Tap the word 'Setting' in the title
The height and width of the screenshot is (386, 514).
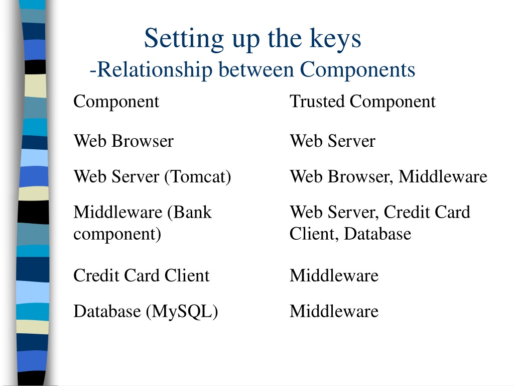pyautogui.click(x=184, y=38)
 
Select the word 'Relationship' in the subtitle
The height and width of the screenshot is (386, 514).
pyautogui.click(x=155, y=70)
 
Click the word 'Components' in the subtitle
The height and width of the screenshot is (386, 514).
pyautogui.click(x=357, y=70)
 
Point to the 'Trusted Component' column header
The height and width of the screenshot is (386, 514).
pyautogui.click(x=362, y=102)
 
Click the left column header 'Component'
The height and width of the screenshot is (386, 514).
pyautogui.click(x=116, y=102)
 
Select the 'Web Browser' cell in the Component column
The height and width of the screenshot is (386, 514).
pyautogui.click(x=123, y=141)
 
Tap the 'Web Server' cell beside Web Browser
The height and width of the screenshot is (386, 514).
pyautogui.click(x=332, y=141)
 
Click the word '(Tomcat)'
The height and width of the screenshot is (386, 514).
pyautogui.click(x=198, y=177)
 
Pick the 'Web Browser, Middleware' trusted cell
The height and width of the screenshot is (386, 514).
pyautogui.click(x=389, y=176)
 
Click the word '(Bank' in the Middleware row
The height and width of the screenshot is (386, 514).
pyautogui.click(x=189, y=213)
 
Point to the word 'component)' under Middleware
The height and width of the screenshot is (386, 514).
pyautogui.click(x=117, y=234)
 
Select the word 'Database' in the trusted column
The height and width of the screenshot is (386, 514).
pyautogui.click(x=377, y=234)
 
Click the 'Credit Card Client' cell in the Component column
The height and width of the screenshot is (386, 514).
pyautogui.click(x=141, y=275)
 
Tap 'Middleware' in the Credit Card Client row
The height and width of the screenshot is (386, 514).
pyautogui.click(x=334, y=275)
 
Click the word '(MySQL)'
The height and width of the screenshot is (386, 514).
pyautogui.click(x=182, y=312)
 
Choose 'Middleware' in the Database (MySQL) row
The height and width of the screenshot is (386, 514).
pyautogui.click(x=334, y=311)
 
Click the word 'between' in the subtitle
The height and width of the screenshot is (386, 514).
pyautogui.click(x=256, y=69)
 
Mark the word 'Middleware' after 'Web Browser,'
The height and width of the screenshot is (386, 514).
pyautogui.click(x=443, y=176)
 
